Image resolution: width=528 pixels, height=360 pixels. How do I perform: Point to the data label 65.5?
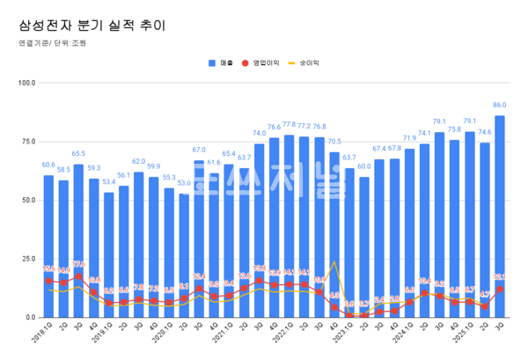coord(78,154)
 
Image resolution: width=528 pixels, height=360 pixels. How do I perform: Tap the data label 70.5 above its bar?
coord(334,142)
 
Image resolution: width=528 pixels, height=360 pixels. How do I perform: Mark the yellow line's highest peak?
coord(334,261)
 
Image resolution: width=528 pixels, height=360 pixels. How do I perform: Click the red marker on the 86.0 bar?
coord(500,289)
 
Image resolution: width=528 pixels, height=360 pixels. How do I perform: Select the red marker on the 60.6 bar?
coord(48,281)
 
